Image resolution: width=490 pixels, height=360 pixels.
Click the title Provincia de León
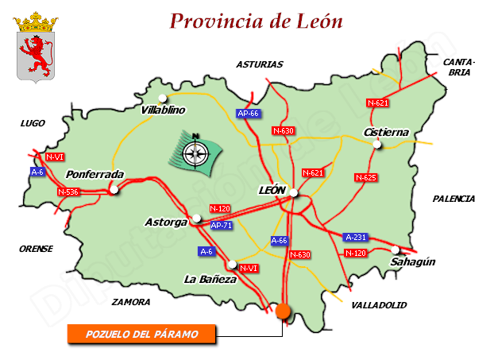[257, 21]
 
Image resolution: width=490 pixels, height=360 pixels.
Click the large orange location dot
[284, 312]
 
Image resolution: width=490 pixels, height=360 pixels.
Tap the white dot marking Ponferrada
[114, 190]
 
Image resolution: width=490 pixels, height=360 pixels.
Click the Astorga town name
[166, 223]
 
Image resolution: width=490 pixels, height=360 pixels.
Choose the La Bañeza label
[210, 279]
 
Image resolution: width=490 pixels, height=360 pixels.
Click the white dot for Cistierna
[378, 144]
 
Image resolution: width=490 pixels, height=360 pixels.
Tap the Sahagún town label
[414, 261]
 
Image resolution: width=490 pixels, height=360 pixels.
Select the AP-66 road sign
[249, 114]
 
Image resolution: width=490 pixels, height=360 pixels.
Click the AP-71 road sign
[222, 226]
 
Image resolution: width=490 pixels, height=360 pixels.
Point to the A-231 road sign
[355, 237]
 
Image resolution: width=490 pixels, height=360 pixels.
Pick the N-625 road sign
[365, 177]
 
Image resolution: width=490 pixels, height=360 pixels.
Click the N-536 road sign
[69, 192]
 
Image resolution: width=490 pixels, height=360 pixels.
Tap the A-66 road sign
[280, 240]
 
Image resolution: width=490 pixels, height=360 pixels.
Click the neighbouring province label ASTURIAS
[259, 64]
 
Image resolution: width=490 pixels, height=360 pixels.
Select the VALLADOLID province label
[379, 305]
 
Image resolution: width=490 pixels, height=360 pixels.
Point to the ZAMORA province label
[131, 302]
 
